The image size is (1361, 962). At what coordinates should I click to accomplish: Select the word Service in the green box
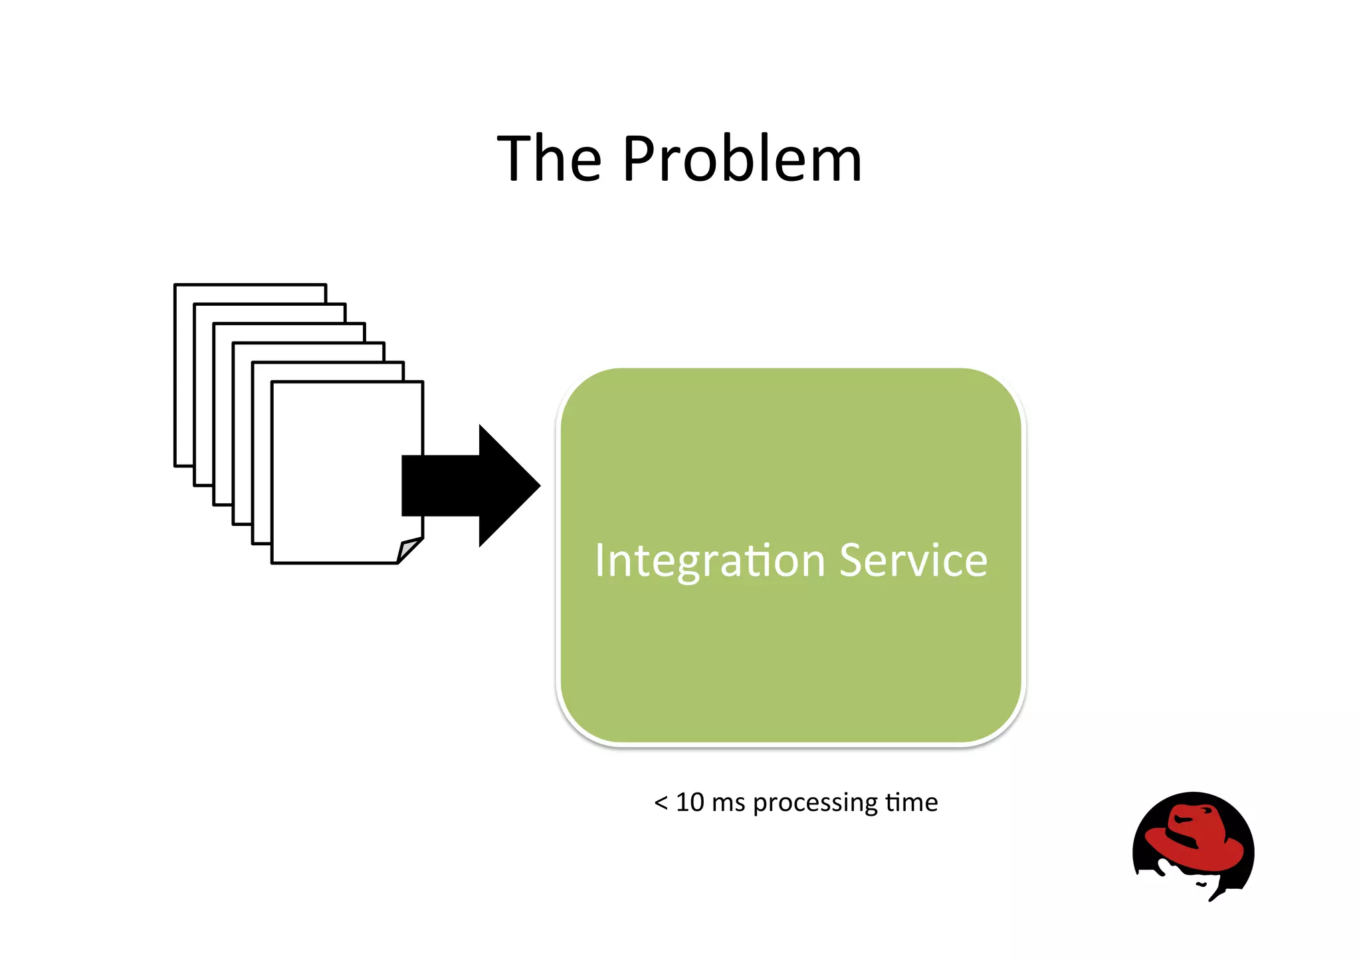coord(913,560)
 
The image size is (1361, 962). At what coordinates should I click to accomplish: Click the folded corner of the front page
coord(408,550)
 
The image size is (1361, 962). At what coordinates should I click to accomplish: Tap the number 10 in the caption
coord(689,802)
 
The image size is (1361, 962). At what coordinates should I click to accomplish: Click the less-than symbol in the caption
coord(661,803)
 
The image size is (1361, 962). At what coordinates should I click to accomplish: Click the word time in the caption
coord(911,802)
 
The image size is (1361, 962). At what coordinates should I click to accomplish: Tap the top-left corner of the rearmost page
coord(175,285)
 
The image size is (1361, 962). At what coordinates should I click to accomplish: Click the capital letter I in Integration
coord(599,560)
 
